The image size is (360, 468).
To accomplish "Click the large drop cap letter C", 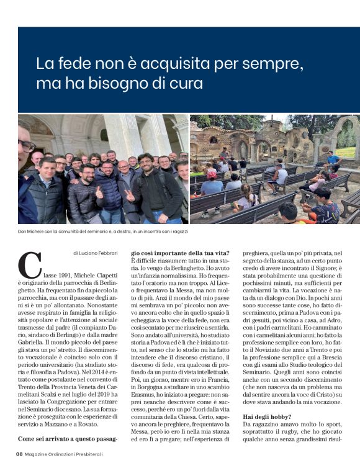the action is click(30, 265).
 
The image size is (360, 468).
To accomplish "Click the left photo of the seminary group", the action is click(102, 169).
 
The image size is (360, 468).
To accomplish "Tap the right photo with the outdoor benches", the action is click(274, 169).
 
